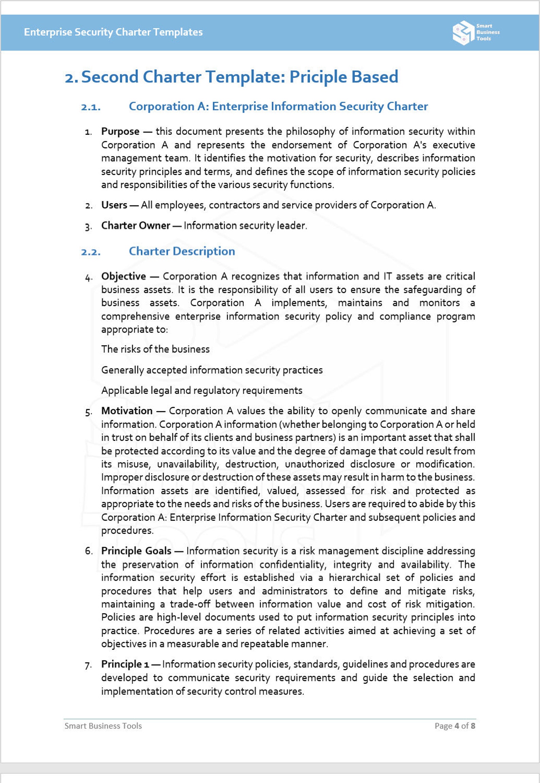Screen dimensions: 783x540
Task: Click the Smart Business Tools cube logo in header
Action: pyautogui.click(x=463, y=33)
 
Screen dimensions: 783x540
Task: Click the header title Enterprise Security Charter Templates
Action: pyautogui.click(x=113, y=32)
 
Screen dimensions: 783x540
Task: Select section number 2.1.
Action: pyautogui.click(x=91, y=107)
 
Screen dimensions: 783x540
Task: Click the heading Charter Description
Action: pyautogui.click(x=182, y=251)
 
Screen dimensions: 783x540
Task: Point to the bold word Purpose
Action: pyautogui.click(x=120, y=131)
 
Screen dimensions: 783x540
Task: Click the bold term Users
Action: pyautogui.click(x=114, y=205)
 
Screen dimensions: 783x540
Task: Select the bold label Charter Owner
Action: pyautogui.click(x=135, y=225)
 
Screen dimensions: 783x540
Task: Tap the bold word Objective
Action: pyautogui.click(x=123, y=276)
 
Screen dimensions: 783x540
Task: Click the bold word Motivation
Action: pyautogui.click(x=126, y=411)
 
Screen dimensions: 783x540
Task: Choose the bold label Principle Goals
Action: pyautogui.click(x=136, y=551)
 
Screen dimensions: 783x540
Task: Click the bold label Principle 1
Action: pyautogui.click(x=125, y=664)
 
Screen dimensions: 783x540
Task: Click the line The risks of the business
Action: pyautogui.click(x=155, y=349)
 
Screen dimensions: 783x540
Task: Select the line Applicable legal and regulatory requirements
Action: pyautogui.click(x=202, y=390)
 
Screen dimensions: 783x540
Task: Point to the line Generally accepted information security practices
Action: pyautogui.click(x=212, y=370)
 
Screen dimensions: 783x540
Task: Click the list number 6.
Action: pyautogui.click(x=89, y=551)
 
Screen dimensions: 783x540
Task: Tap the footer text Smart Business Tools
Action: pyautogui.click(x=103, y=726)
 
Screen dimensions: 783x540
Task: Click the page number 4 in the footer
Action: pyautogui.click(x=457, y=726)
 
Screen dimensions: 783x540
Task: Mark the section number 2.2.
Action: pyautogui.click(x=91, y=252)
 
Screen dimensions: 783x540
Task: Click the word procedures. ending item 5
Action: pyautogui.click(x=127, y=530)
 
